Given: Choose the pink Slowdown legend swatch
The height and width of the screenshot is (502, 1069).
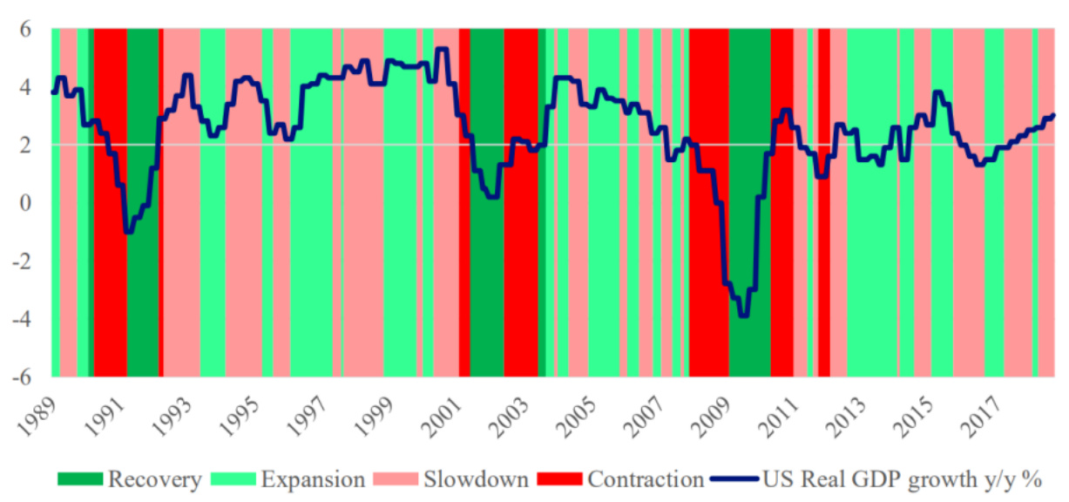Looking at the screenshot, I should (397, 478).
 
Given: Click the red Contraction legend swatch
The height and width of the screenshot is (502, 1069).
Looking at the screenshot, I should (560, 478).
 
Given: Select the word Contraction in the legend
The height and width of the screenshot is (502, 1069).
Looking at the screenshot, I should (645, 478).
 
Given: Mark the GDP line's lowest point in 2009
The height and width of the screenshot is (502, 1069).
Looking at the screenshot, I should (743, 315).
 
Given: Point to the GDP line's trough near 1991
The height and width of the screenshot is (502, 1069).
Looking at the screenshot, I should (128, 232).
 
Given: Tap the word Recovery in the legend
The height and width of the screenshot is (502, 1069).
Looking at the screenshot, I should (154, 478).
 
